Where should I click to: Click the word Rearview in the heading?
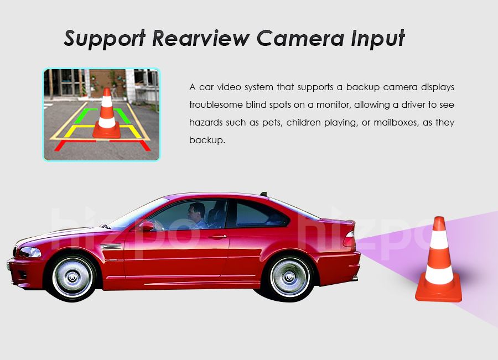click(x=201, y=38)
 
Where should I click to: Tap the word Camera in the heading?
click(x=300, y=38)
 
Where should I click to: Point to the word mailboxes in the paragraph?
click(x=395, y=123)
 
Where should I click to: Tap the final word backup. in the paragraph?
click(x=207, y=140)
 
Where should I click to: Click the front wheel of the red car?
click(x=72, y=278)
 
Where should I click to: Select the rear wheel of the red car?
click(x=289, y=277)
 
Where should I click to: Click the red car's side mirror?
click(x=146, y=226)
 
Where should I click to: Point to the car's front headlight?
click(x=29, y=252)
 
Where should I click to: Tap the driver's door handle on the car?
click(x=218, y=237)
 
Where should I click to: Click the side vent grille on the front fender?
click(x=110, y=246)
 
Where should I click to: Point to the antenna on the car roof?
click(x=263, y=194)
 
